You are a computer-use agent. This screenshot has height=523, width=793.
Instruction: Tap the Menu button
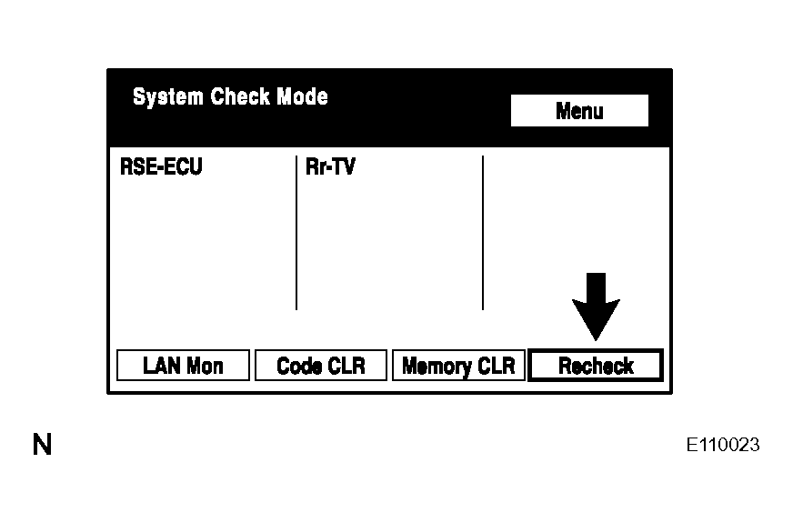(579, 110)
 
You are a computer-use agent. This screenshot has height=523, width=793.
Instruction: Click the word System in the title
(168, 96)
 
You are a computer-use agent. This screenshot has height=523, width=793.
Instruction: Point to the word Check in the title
(240, 96)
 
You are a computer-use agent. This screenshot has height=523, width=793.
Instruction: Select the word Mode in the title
(302, 96)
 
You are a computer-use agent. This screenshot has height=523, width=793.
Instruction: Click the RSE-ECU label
(161, 166)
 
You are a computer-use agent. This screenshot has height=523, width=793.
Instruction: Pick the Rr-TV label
(330, 166)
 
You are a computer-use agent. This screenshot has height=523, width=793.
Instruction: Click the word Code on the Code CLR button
(299, 366)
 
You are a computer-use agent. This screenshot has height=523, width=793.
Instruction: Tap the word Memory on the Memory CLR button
(437, 367)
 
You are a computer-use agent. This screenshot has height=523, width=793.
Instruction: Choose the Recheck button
(596, 365)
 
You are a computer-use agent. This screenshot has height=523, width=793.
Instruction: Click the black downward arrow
(596, 307)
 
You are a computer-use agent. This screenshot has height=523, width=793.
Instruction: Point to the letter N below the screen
(43, 445)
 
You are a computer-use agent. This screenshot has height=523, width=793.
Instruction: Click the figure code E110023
(723, 445)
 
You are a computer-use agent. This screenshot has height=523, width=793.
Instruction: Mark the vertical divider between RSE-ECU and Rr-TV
(296, 233)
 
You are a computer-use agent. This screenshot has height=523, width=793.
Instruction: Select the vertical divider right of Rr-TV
(483, 233)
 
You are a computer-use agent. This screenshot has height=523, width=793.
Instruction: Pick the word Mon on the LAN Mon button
(205, 366)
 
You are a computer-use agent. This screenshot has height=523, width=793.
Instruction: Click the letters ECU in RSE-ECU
(183, 166)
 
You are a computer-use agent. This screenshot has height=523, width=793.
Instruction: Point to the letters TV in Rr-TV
(344, 166)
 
